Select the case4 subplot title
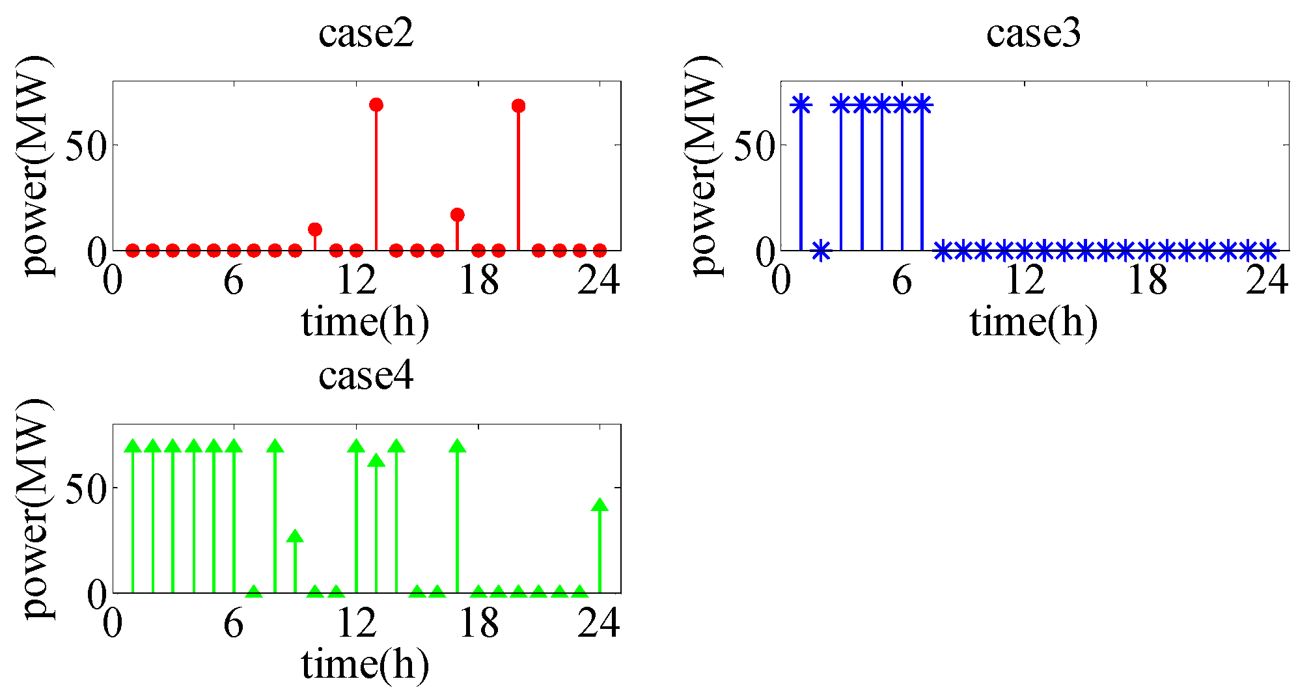pos(366,376)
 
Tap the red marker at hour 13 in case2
pos(376,105)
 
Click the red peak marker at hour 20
pos(518,106)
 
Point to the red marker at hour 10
pos(315,229)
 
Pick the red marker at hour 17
pos(458,215)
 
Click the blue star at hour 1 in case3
pos(801,104)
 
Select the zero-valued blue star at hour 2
pos(821,250)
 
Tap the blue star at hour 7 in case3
pos(922,104)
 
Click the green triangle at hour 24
pos(600,506)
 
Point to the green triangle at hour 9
pos(295,536)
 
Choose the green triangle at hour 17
pos(458,447)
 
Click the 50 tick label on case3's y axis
pos(755,146)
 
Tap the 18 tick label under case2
pos(478,281)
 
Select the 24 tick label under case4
pos(599,624)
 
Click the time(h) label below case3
pos(1034,322)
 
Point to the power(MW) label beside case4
pos(35,510)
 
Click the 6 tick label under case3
pos(902,281)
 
